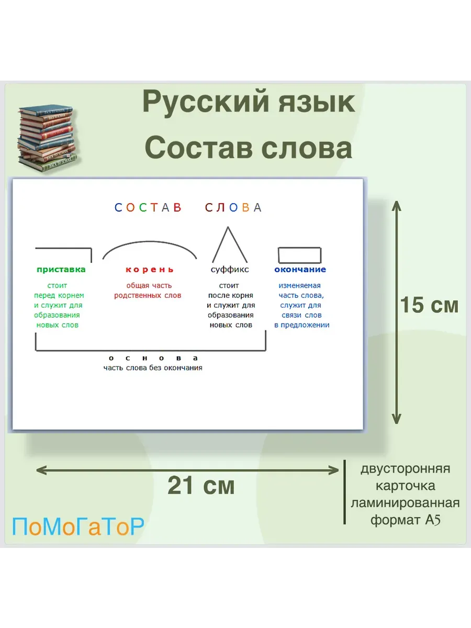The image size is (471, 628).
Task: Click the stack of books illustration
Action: (x=47, y=139)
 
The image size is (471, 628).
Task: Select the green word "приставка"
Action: (x=61, y=270)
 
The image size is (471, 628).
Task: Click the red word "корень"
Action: (x=149, y=270)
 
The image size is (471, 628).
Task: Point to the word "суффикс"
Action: (x=230, y=270)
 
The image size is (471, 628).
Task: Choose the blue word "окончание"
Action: (x=300, y=270)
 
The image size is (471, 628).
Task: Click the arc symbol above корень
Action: (x=150, y=242)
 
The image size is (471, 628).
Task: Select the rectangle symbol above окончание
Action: (x=300, y=248)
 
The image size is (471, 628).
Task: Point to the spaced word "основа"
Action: (x=153, y=358)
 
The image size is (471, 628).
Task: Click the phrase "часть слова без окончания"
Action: (x=153, y=368)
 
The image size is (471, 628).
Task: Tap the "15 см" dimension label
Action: (x=429, y=305)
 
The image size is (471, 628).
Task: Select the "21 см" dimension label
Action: (x=201, y=486)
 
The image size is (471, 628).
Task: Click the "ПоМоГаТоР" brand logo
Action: (x=78, y=526)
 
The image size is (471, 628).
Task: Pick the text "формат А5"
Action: (x=405, y=520)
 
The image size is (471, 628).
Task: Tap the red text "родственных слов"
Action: (x=148, y=296)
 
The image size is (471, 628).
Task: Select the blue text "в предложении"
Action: (x=302, y=326)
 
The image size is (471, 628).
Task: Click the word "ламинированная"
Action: (x=405, y=503)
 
